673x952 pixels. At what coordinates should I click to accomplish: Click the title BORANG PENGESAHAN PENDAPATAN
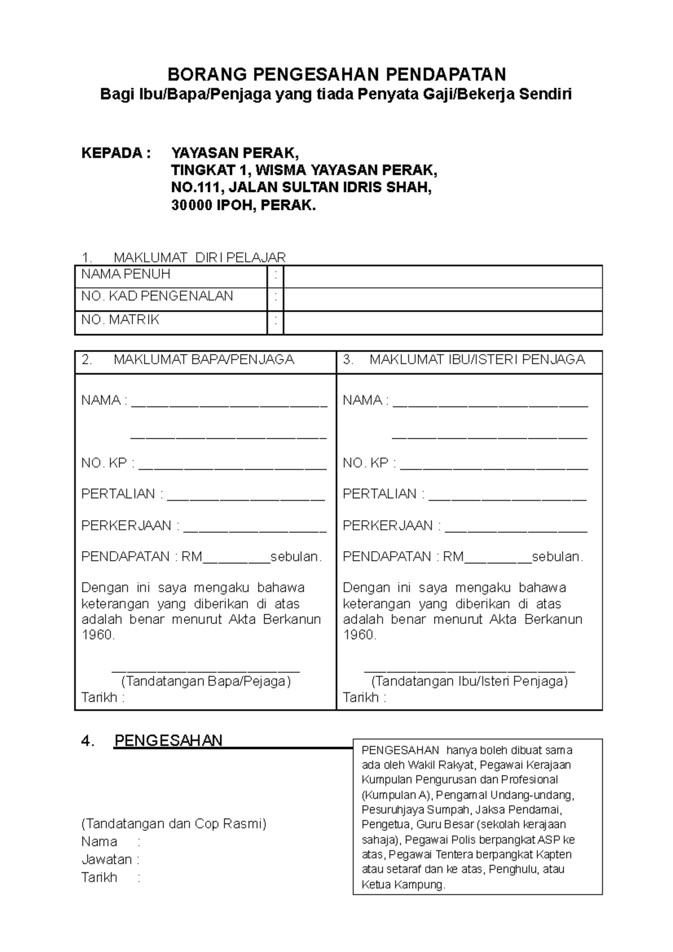(x=336, y=74)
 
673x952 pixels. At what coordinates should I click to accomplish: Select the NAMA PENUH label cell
(x=126, y=275)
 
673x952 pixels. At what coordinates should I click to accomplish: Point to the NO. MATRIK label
(x=120, y=320)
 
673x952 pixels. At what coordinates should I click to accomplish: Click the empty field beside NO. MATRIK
(x=442, y=323)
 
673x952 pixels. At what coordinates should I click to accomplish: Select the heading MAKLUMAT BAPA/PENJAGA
(x=204, y=360)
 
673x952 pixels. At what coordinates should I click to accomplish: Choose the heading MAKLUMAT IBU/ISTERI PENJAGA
(x=477, y=360)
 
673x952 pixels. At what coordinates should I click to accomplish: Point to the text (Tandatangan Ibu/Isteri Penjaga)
(x=469, y=682)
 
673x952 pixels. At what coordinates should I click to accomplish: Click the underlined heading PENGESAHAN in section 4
(x=168, y=741)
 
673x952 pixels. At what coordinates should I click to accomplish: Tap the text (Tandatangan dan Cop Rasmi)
(x=174, y=824)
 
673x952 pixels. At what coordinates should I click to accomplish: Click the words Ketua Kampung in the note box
(x=403, y=885)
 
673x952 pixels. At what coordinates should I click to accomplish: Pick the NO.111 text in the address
(x=192, y=188)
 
